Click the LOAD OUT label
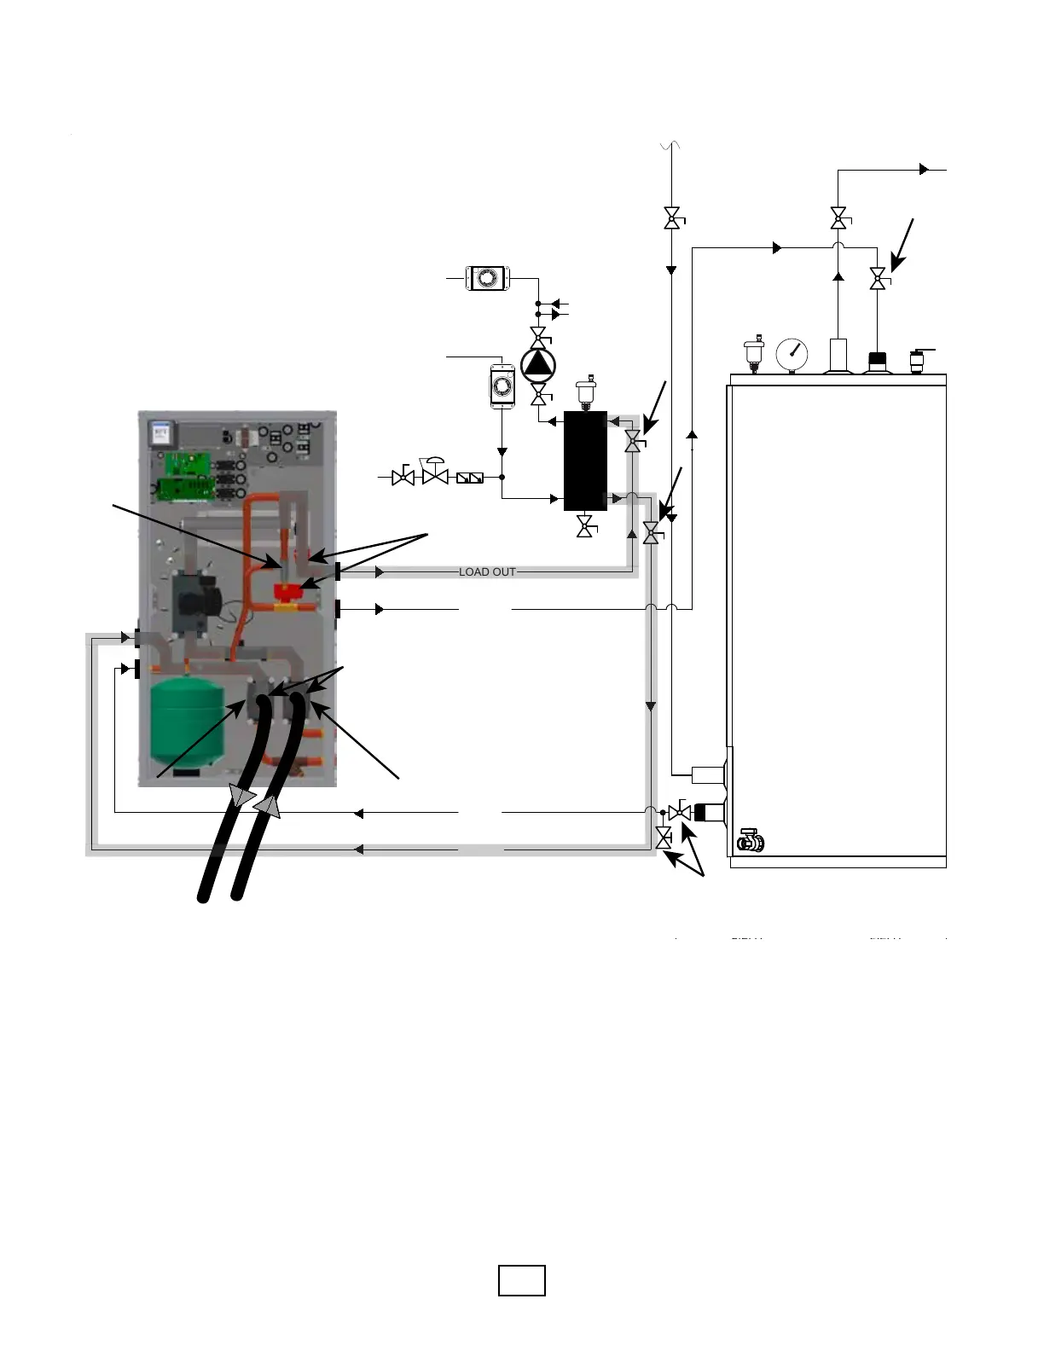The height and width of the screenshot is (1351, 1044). click(487, 571)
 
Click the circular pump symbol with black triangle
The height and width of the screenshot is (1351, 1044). click(538, 365)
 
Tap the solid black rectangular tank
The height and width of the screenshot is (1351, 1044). click(585, 461)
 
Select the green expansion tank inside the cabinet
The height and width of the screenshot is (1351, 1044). click(187, 721)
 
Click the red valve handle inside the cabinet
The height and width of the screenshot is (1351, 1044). click(289, 593)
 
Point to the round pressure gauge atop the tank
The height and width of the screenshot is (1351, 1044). click(792, 354)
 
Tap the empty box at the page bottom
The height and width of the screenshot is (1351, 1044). click(522, 1280)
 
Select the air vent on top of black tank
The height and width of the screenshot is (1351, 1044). click(585, 391)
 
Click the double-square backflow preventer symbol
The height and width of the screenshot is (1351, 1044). click(470, 478)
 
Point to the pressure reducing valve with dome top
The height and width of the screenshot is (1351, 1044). click(435, 473)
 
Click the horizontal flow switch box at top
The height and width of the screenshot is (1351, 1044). click(487, 278)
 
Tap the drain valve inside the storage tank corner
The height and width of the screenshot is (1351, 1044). click(751, 841)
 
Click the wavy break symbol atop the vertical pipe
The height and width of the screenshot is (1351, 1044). click(671, 148)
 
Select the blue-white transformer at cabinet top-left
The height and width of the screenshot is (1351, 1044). click(159, 434)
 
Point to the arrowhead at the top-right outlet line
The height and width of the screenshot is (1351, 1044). click(925, 170)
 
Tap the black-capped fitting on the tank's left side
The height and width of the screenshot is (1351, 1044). click(707, 812)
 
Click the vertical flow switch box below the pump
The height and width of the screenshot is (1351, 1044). click(502, 387)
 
